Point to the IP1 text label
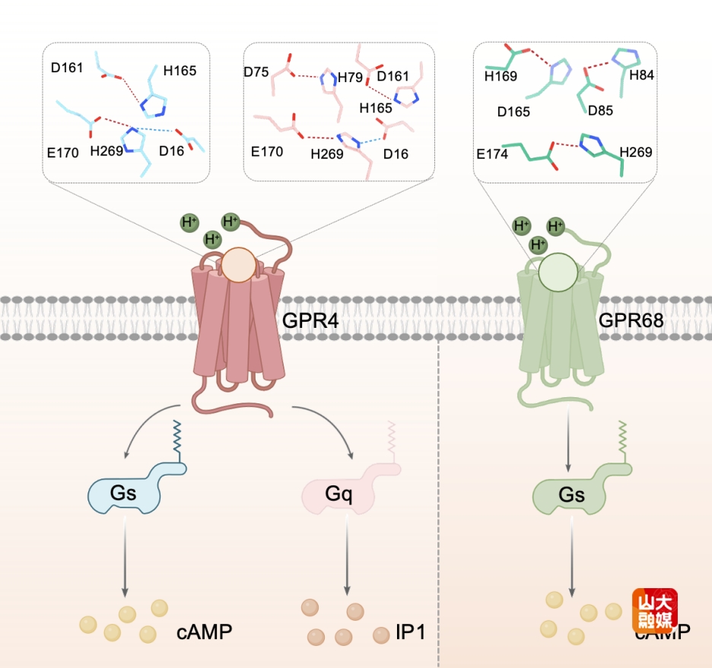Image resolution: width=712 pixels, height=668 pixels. (410, 634)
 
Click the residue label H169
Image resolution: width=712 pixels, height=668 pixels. (501, 76)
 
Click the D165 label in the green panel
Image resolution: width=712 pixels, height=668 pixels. (513, 112)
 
